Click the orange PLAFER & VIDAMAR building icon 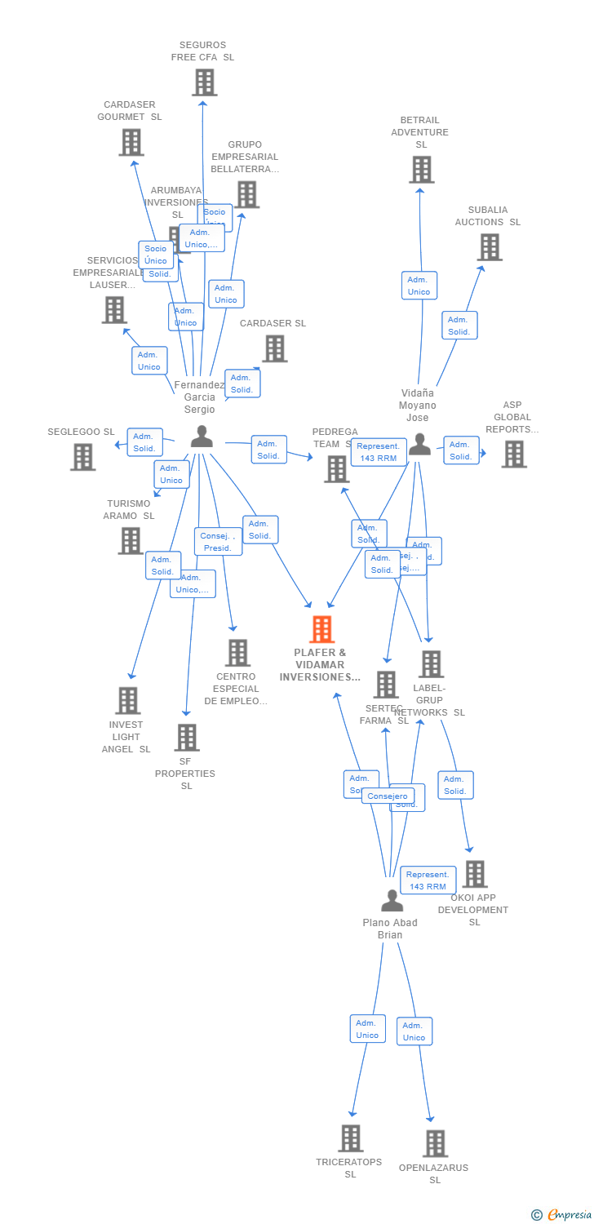click(x=322, y=629)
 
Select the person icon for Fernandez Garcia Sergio click(x=201, y=437)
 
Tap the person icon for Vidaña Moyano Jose click(x=419, y=444)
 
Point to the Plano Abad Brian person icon click(x=392, y=901)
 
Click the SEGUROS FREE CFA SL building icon click(x=204, y=82)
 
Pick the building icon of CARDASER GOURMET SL click(x=131, y=142)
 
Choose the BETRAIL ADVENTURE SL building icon click(x=421, y=170)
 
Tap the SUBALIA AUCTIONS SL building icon click(x=490, y=247)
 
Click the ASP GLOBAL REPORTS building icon click(x=514, y=455)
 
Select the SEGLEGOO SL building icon click(x=82, y=457)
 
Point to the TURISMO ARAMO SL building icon click(x=131, y=540)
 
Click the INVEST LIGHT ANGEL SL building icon click(x=127, y=700)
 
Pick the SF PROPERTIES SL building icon click(x=187, y=738)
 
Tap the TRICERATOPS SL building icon click(x=350, y=1138)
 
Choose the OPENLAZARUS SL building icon click(x=435, y=1143)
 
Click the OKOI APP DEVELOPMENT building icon click(x=474, y=874)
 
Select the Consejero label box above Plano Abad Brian click(x=388, y=796)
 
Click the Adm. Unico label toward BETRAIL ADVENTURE click(x=419, y=286)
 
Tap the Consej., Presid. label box click(x=218, y=542)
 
